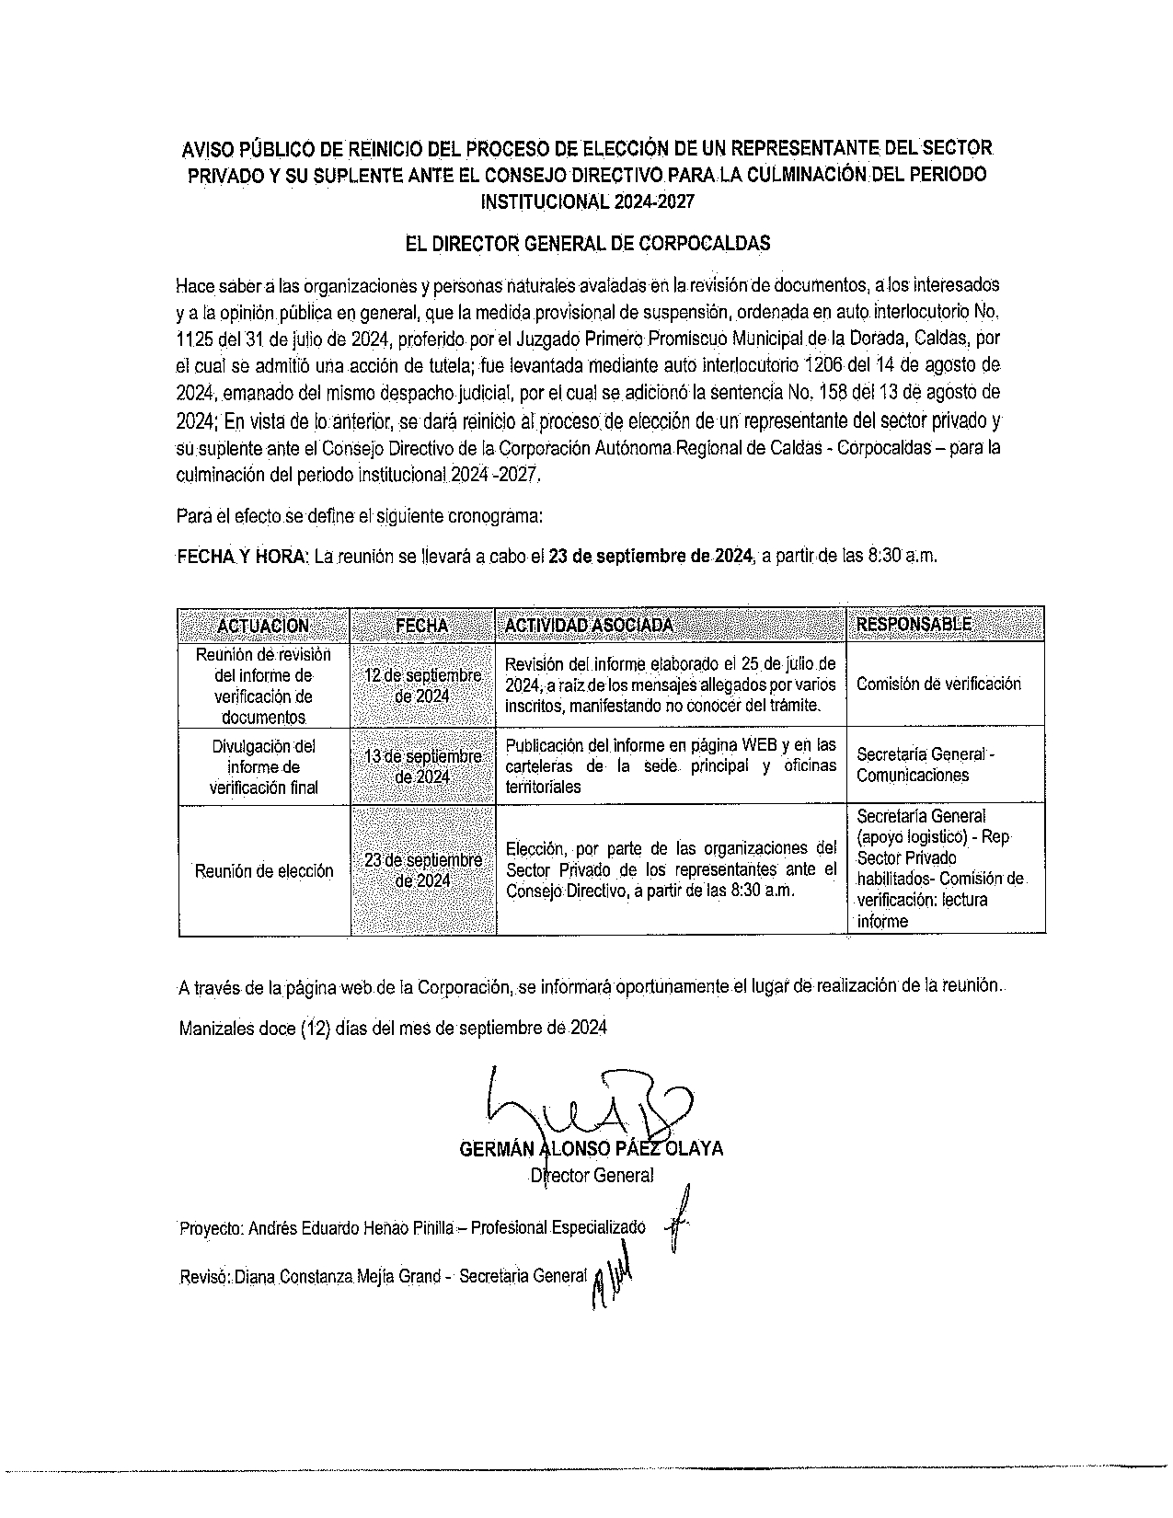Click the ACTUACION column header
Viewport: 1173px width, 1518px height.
263,626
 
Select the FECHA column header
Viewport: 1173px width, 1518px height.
422,626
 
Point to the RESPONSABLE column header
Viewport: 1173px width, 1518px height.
914,625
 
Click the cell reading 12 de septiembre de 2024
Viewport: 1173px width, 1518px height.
423,685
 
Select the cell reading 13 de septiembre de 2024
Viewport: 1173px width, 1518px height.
423,766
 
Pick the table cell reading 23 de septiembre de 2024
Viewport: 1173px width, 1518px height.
423,870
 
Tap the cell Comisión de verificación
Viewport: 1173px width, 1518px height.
938,684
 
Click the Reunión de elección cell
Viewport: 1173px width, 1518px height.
264,871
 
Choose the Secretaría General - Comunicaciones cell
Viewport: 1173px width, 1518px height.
925,765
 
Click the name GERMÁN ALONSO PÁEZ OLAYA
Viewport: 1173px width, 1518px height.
590,1149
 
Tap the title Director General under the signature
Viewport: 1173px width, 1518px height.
592,1176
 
